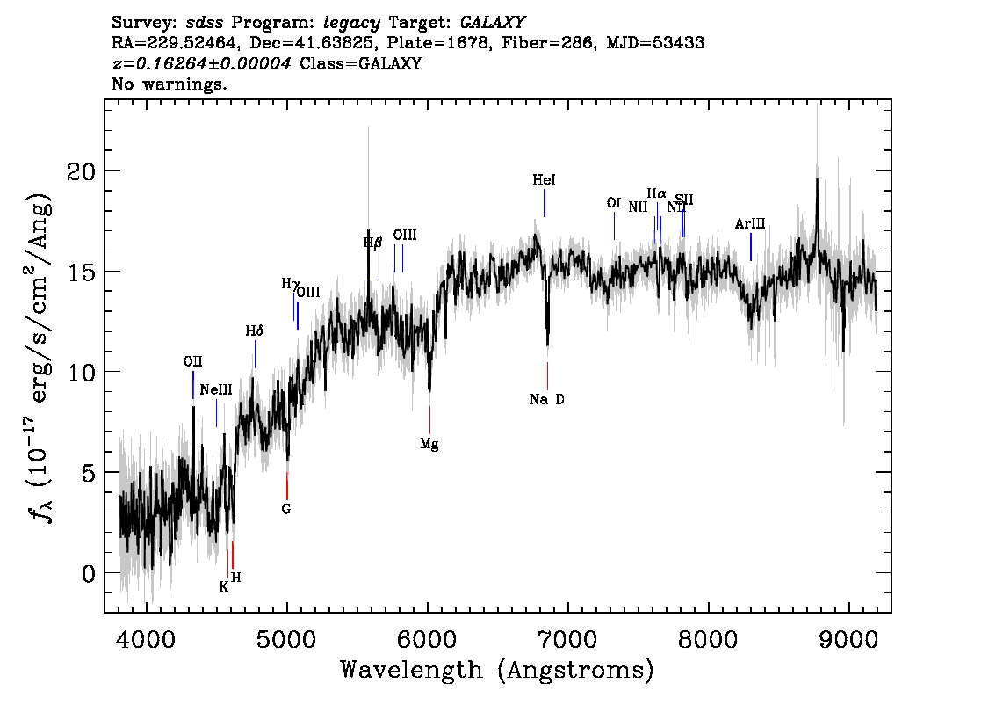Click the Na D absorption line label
547,399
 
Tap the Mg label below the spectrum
429,444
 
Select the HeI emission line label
544,179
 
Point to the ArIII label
750,223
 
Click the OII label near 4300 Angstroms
193,360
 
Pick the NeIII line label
216,389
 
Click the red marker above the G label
287,486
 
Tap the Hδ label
255,331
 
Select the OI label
614,203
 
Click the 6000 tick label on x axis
428,637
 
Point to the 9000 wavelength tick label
849,637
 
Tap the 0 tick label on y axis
88,573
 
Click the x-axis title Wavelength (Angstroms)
497,670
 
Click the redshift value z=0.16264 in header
203,64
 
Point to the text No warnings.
170,84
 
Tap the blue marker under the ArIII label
751,247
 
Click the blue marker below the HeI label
545,203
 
